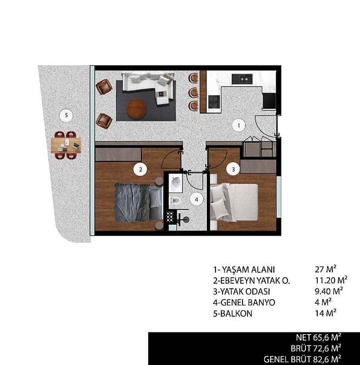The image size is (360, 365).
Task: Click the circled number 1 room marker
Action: point(239,126)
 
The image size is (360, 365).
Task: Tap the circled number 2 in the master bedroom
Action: point(140,170)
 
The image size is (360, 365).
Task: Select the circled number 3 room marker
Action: point(233,169)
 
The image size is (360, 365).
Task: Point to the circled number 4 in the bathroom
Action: point(197,199)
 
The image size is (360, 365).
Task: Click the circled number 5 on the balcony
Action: point(67,115)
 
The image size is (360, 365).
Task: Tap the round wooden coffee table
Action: point(136,109)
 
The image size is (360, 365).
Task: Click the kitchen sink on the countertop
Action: point(242,79)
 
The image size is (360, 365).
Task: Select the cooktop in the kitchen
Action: point(214,102)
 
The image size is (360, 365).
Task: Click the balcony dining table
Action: point(66,145)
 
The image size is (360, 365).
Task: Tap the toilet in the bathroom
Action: point(174,200)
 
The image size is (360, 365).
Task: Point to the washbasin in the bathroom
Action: point(176,184)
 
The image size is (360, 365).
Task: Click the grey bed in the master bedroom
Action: point(139,202)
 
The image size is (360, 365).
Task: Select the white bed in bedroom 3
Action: point(234,202)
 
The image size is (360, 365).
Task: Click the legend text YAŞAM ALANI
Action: point(248,270)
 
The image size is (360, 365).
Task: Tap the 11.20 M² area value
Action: point(331,280)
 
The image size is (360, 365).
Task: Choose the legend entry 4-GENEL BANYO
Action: point(244,302)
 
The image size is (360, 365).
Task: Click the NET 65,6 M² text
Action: point(318,337)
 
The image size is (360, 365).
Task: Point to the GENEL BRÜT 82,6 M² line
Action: point(303,359)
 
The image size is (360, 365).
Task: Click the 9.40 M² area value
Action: point(329,291)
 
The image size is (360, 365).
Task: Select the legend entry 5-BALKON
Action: point(233,314)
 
